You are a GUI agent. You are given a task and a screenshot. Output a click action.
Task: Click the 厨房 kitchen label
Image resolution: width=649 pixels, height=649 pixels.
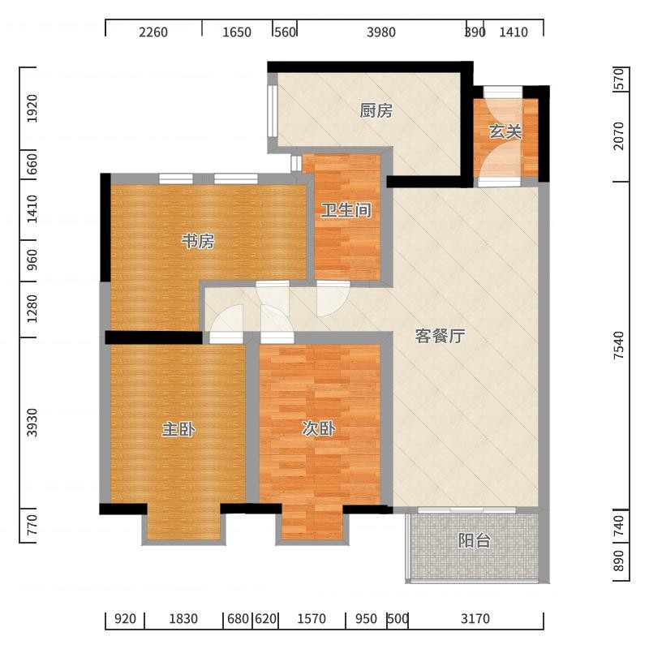tap(376, 110)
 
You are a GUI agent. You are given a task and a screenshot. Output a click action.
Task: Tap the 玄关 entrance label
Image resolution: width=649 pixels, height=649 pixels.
tap(505, 131)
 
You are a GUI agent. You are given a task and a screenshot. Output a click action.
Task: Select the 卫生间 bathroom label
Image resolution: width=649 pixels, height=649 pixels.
tap(346, 210)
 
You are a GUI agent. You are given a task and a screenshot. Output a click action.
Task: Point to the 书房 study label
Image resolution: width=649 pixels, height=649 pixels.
tap(198, 241)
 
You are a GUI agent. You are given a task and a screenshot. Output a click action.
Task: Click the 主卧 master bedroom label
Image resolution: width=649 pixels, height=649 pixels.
tap(178, 429)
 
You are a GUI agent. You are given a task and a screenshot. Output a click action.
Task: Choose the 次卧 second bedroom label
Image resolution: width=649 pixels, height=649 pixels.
tap(318, 429)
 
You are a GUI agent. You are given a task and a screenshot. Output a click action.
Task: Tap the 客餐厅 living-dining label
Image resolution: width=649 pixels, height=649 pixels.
tap(440, 336)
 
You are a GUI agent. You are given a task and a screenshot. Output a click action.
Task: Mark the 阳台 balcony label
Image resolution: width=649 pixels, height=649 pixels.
tap(475, 540)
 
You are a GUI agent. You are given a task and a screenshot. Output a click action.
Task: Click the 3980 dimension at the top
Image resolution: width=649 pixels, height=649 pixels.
tap(380, 32)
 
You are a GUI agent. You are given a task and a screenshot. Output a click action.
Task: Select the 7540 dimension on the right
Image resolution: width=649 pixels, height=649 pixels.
tap(619, 346)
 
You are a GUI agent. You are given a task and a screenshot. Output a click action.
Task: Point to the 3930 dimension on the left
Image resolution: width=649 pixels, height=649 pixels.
tap(32, 422)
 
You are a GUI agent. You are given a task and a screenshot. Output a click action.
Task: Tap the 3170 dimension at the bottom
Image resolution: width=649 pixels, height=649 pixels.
tap(475, 619)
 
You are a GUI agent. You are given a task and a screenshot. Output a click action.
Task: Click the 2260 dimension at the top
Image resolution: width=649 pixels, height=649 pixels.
tap(153, 32)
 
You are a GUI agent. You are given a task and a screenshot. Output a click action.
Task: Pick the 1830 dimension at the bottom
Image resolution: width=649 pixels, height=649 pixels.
tap(183, 619)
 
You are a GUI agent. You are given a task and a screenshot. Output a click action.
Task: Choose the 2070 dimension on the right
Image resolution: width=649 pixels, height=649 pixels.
tap(619, 135)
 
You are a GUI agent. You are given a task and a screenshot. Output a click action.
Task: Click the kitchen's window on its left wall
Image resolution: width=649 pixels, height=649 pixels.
tap(272, 110)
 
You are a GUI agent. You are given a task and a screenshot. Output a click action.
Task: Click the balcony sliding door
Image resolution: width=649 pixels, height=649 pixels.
tap(467, 510)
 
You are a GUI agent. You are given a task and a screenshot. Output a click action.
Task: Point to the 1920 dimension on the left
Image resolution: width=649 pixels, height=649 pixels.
tap(32, 109)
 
